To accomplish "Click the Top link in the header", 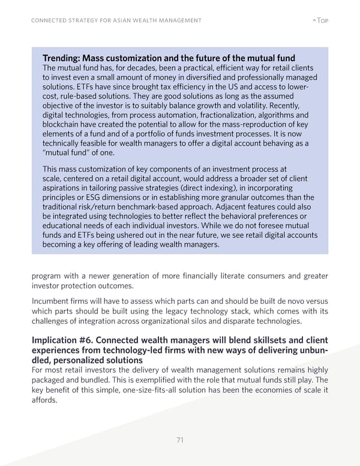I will (x=323, y=21).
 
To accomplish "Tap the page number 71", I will (x=179, y=440).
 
